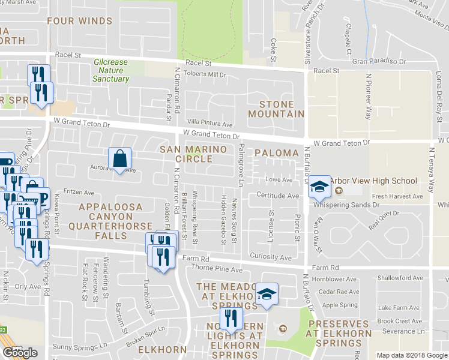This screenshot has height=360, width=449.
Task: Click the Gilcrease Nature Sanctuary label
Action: click(x=111, y=70)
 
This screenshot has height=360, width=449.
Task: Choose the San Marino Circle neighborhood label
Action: click(x=186, y=154)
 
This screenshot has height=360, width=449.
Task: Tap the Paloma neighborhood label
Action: click(x=276, y=153)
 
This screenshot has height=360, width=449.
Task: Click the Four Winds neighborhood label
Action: click(x=80, y=21)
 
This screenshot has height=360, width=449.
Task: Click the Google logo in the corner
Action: click(x=20, y=352)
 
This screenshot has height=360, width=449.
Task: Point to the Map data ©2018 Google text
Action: click(x=412, y=355)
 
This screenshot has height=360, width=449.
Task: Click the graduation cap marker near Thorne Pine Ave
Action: click(x=267, y=294)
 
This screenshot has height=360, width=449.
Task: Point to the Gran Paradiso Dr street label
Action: click(x=379, y=61)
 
